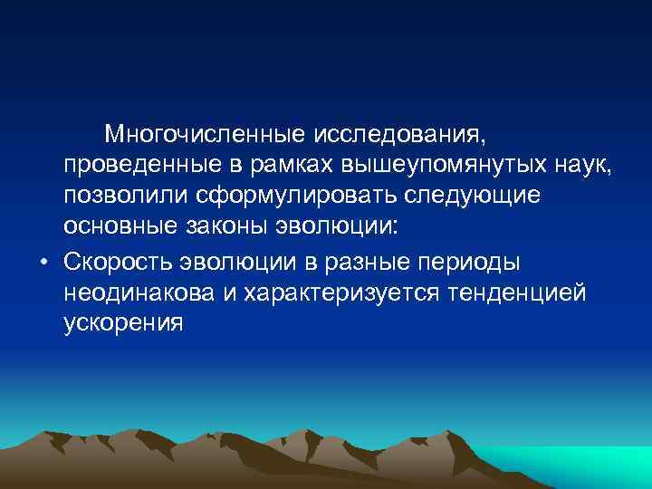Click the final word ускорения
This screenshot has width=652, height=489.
(123, 323)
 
